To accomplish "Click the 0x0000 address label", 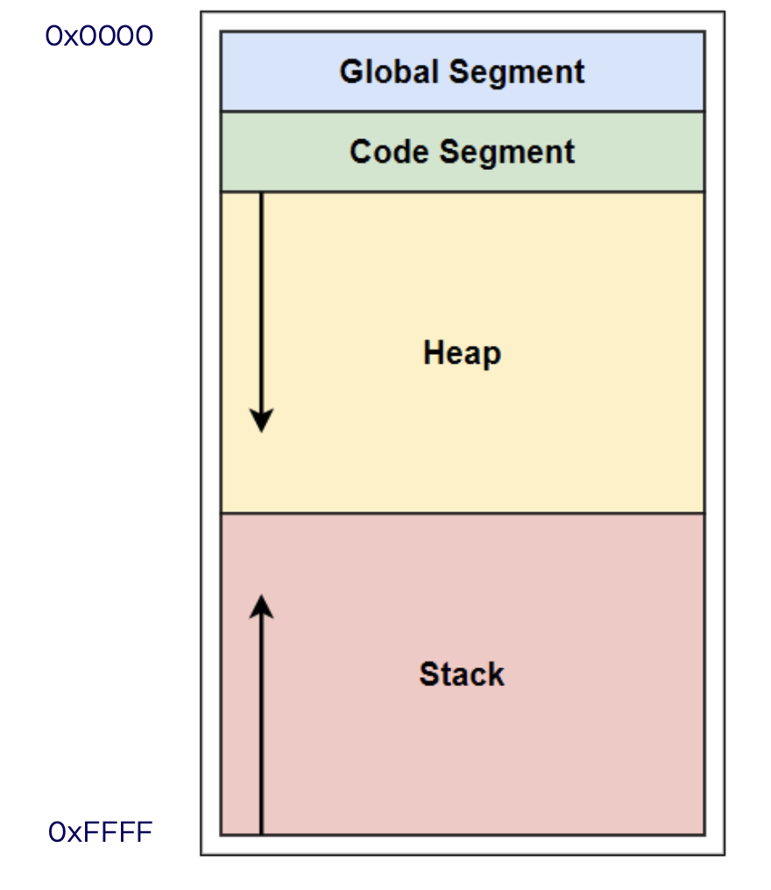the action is pos(99,36).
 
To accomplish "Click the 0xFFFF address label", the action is pos(101,832).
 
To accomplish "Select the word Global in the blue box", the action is pos(389,72).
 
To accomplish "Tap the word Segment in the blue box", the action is pos(517,73).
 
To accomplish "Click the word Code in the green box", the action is pos(389,152).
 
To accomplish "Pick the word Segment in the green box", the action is pos(507,152).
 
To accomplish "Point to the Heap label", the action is pos(462,353).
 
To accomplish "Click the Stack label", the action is pos(462,674).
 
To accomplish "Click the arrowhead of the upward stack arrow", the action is pos(262,607).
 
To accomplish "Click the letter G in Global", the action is pos(352,72).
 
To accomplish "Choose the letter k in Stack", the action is pos(496,674).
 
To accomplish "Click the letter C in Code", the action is pos(361,152).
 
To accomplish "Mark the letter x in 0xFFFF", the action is pos(75,834).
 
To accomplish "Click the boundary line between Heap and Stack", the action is pos(463,513).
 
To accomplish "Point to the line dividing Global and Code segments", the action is pos(463,112).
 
